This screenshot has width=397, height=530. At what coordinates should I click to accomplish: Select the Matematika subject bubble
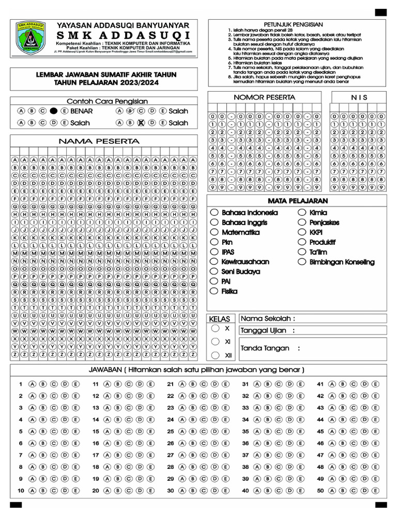click(214, 232)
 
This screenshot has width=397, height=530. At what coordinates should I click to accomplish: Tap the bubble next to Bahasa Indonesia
click(214, 213)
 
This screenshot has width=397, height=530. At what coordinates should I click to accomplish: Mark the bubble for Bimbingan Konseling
click(302, 262)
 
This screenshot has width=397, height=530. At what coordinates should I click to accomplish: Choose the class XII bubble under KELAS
click(215, 355)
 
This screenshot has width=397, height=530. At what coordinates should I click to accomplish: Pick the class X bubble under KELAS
click(215, 328)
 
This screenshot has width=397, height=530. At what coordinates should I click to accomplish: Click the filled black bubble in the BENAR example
click(53, 111)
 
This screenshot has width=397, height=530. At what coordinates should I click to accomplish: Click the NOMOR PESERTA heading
click(264, 97)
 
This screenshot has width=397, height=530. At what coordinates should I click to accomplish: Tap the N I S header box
click(359, 97)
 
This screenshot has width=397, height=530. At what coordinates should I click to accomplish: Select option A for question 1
click(32, 384)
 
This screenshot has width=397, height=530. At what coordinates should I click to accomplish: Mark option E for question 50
click(375, 490)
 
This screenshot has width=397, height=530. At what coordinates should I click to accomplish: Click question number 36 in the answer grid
click(246, 443)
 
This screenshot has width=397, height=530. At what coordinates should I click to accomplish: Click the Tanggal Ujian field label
click(268, 330)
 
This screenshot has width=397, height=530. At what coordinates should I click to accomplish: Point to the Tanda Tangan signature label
click(270, 348)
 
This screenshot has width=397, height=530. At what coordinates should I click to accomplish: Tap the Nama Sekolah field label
click(268, 318)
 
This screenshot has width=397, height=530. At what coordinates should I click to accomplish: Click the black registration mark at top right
click(381, 12)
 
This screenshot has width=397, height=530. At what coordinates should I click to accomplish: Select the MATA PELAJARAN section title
click(297, 201)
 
